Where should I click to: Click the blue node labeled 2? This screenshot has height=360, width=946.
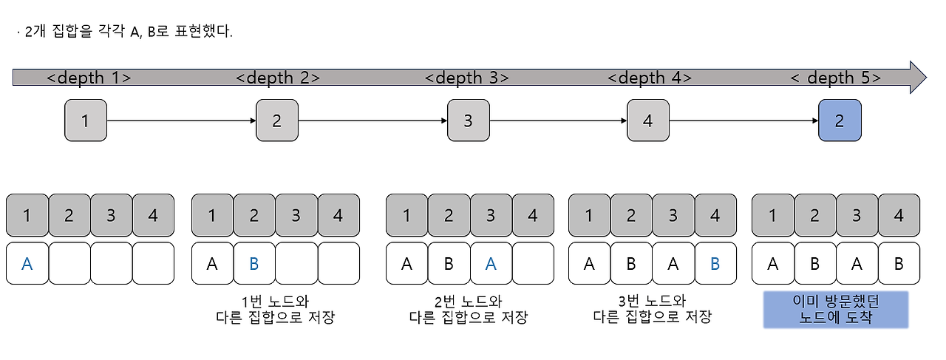click(840, 120)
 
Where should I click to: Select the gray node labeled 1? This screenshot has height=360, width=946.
click(86, 120)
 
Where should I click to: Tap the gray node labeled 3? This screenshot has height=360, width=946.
click(468, 120)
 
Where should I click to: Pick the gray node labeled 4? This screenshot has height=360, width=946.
click(648, 120)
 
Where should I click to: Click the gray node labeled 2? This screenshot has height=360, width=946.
click(277, 120)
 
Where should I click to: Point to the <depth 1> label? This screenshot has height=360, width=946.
click(89, 78)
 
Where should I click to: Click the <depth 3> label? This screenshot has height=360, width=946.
click(467, 78)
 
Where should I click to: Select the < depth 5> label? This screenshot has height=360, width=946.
click(835, 78)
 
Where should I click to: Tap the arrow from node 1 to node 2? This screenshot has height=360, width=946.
click(181, 120)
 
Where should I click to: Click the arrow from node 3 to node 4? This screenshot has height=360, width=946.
click(558, 120)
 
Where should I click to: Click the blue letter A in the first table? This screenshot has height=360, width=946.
click(27, 264)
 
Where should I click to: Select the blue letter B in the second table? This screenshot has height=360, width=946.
click(254, 264)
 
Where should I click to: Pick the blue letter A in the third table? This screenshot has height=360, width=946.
click(491, 264)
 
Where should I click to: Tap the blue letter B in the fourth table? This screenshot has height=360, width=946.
click(715, 264)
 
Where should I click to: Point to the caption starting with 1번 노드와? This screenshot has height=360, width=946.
click(275, 309)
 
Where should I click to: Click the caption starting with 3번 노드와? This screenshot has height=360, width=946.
click(652, 309)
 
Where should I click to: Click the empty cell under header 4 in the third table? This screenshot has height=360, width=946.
click(533, 264)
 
